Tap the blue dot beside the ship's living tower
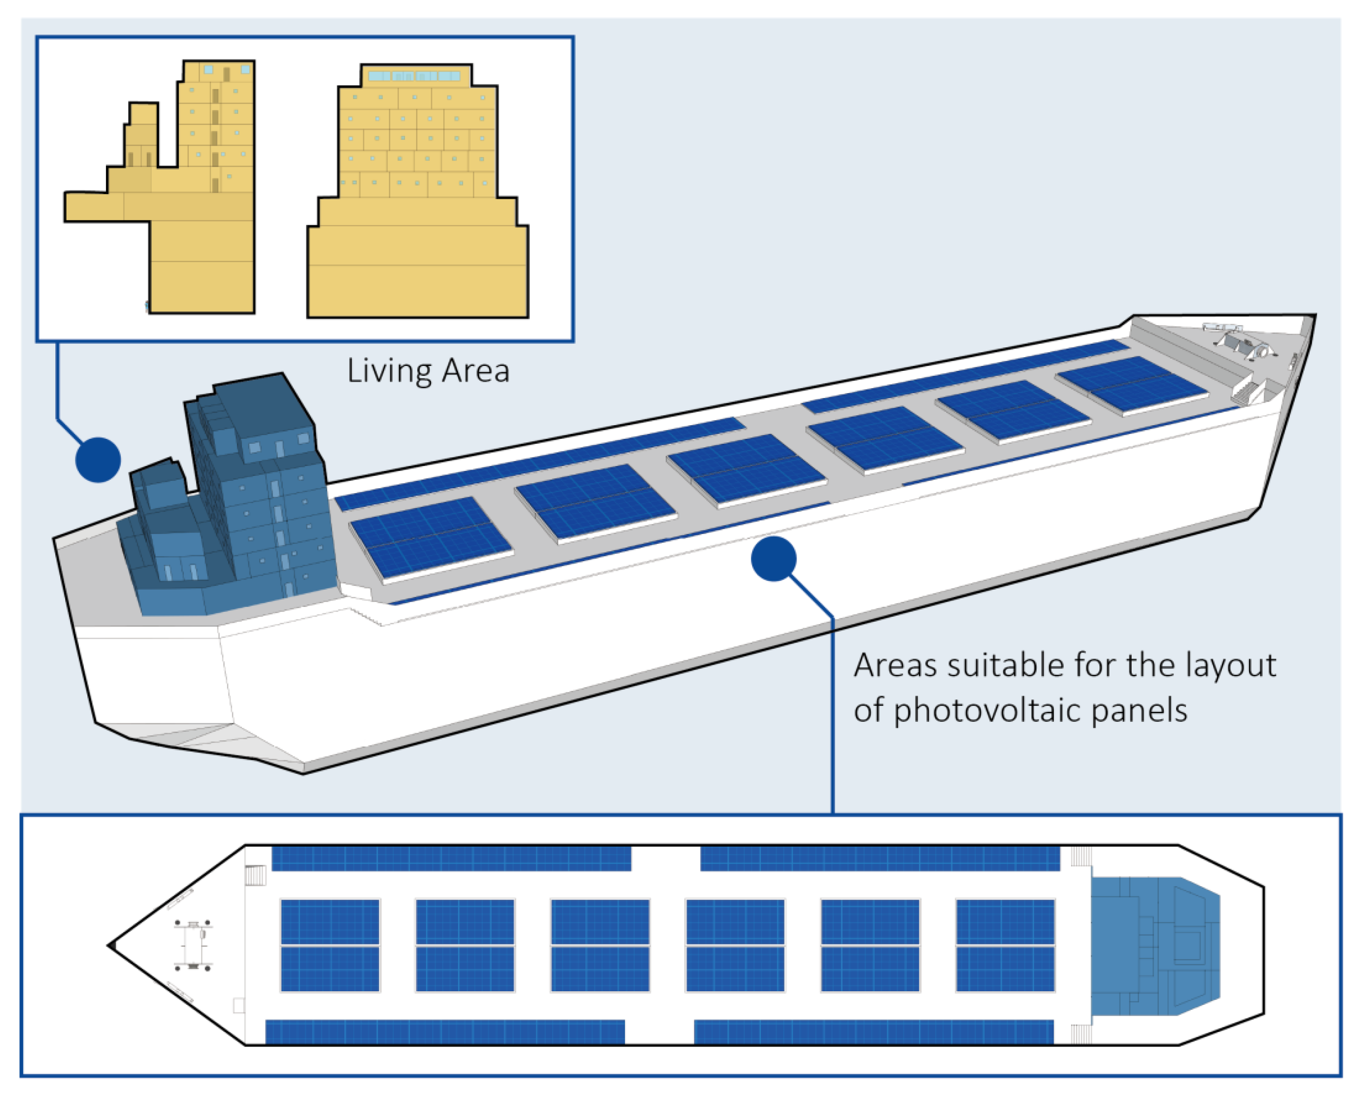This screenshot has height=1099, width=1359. [98, 460]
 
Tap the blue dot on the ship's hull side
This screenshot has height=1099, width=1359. [773, 559]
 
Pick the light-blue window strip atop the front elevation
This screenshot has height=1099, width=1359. [415, 77]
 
